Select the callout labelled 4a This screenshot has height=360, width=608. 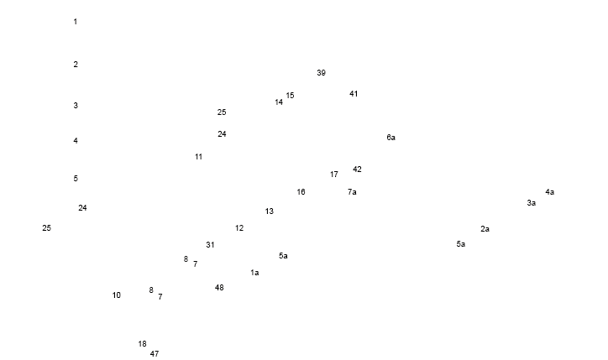[551, 192]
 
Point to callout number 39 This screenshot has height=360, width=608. [322, 74]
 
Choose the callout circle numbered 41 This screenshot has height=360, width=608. [354, 93]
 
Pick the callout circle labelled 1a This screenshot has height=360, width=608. [254, 273]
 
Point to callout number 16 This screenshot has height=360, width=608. [301, 191]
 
